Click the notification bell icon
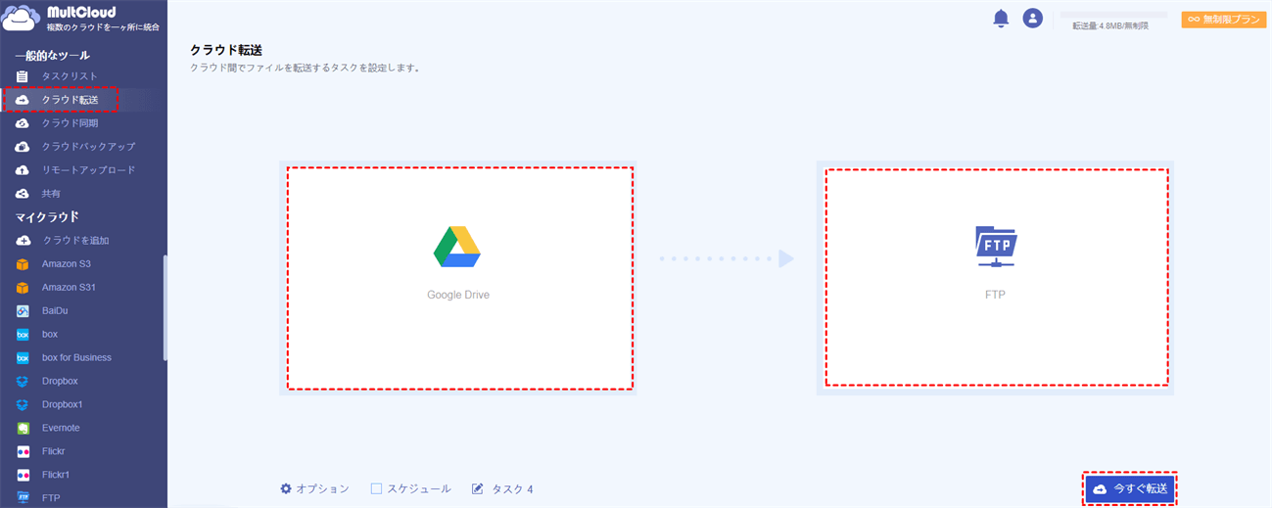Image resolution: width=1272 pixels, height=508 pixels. click(1001, 19)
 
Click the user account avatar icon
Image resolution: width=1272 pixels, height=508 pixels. click(1032, 19)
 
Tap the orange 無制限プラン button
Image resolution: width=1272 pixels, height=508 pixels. click(1224, 20)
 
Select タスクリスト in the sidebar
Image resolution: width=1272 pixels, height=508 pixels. click(70, 76)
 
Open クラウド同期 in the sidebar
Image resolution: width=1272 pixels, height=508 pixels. click(70, 123)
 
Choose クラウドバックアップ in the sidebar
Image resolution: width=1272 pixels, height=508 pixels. click(88, 147)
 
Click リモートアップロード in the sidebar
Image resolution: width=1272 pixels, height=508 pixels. click(88, 169)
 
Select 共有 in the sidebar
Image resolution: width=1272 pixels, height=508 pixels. click(51, 194)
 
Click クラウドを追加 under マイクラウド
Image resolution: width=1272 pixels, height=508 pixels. click(75, 241)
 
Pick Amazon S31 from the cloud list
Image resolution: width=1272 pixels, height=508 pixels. click(69, 287)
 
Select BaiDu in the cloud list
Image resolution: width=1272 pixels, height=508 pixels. click(55, 311)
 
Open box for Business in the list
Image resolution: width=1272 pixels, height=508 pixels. click(76, 357)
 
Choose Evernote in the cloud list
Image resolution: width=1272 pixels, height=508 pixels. click(60, 428)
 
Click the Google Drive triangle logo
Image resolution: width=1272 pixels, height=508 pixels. click(457, 247)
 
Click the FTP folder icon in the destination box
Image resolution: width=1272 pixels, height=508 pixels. click(996, 247)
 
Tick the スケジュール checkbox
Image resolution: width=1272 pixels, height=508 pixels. click(376, 488)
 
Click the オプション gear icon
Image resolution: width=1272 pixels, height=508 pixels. click(286, 488)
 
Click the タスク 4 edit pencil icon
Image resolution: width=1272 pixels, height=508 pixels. click(478, 488)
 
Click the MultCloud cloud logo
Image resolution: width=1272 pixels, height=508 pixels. click(21, 19)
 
